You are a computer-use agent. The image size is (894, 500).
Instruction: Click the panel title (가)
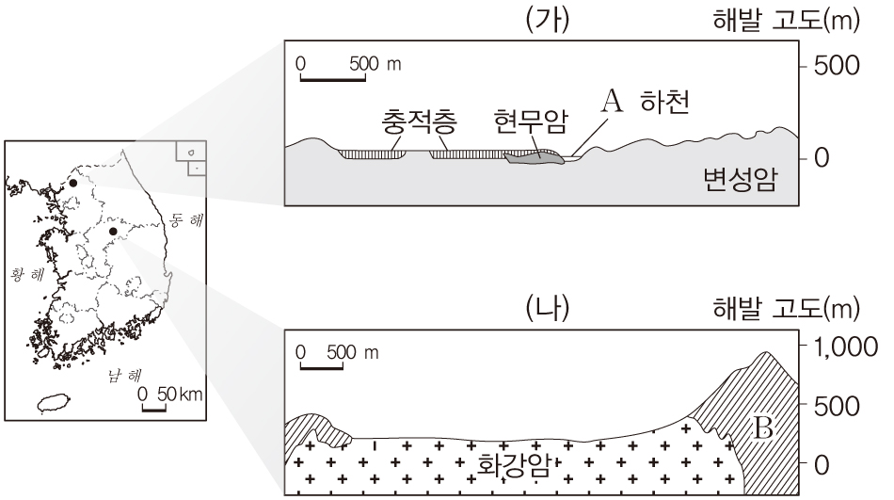tap(550, 21)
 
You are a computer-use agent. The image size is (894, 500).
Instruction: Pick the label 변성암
tap(740, 179)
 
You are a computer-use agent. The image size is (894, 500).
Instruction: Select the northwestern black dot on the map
tap(72, 184)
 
